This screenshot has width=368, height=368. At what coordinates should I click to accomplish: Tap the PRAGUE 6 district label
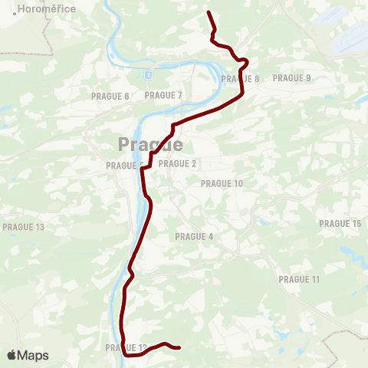click(110, 96)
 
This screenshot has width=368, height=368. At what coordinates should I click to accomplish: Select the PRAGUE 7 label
click(163, 95)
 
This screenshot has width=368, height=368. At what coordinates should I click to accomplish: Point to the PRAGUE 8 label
click(240, 78)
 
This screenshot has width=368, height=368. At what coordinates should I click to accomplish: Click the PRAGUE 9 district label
click(292, 77)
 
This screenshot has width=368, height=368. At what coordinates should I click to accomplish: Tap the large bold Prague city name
click(150, 144)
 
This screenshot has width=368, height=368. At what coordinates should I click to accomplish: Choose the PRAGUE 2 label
click(178, 163)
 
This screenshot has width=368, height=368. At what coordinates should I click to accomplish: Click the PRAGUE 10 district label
click(222, 183)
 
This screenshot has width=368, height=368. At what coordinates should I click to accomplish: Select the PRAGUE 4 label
click(195, 236)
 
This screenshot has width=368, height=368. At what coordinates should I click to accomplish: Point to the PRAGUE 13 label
click(24, 227)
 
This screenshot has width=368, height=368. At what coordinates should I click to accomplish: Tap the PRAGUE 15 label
click(340, 223)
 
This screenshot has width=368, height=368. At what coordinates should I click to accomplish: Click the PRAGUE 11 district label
click(299, 279)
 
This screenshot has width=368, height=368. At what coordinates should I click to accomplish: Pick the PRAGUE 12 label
click(125, 348)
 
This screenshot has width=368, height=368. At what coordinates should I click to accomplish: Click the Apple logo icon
click(11, 355)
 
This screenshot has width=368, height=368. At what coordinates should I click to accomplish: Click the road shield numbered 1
click(147, 75)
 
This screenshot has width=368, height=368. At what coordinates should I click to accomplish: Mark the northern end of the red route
click(209, 12)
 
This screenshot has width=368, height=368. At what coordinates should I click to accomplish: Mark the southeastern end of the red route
click(179, 348)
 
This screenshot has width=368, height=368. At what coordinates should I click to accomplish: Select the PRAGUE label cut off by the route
click(123, 165)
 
